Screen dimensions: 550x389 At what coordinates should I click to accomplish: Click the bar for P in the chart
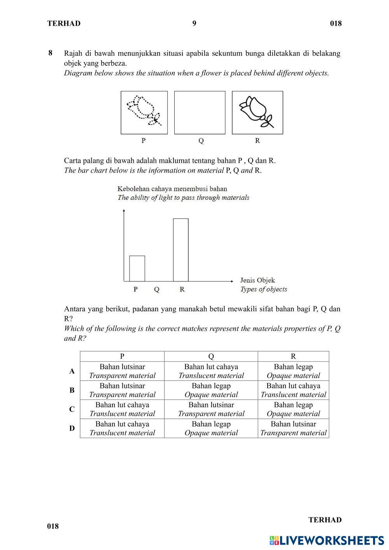137,268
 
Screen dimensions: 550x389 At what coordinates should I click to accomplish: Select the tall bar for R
180,250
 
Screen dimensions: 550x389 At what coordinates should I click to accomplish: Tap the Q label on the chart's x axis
157,290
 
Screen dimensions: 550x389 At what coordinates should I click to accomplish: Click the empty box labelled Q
200,113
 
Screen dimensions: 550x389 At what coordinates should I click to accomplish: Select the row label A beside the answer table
72,371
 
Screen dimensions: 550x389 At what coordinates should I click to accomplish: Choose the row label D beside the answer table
72,428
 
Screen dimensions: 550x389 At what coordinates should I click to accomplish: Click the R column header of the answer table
293,356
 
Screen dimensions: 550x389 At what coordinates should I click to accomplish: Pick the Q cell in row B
211,390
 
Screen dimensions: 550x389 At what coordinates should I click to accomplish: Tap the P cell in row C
122,409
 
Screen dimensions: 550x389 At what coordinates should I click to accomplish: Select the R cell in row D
293,428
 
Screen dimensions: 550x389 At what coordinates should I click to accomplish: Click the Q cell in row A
211,371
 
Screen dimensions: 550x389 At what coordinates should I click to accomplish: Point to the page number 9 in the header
194,23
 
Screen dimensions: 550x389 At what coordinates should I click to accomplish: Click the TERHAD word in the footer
325,520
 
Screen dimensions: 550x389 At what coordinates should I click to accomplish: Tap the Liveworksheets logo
326,540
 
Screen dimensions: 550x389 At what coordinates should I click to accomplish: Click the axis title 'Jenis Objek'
258,280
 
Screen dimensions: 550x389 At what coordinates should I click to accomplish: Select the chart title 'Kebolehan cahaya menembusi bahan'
172,189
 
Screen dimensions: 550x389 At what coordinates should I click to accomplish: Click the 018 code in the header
336,23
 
